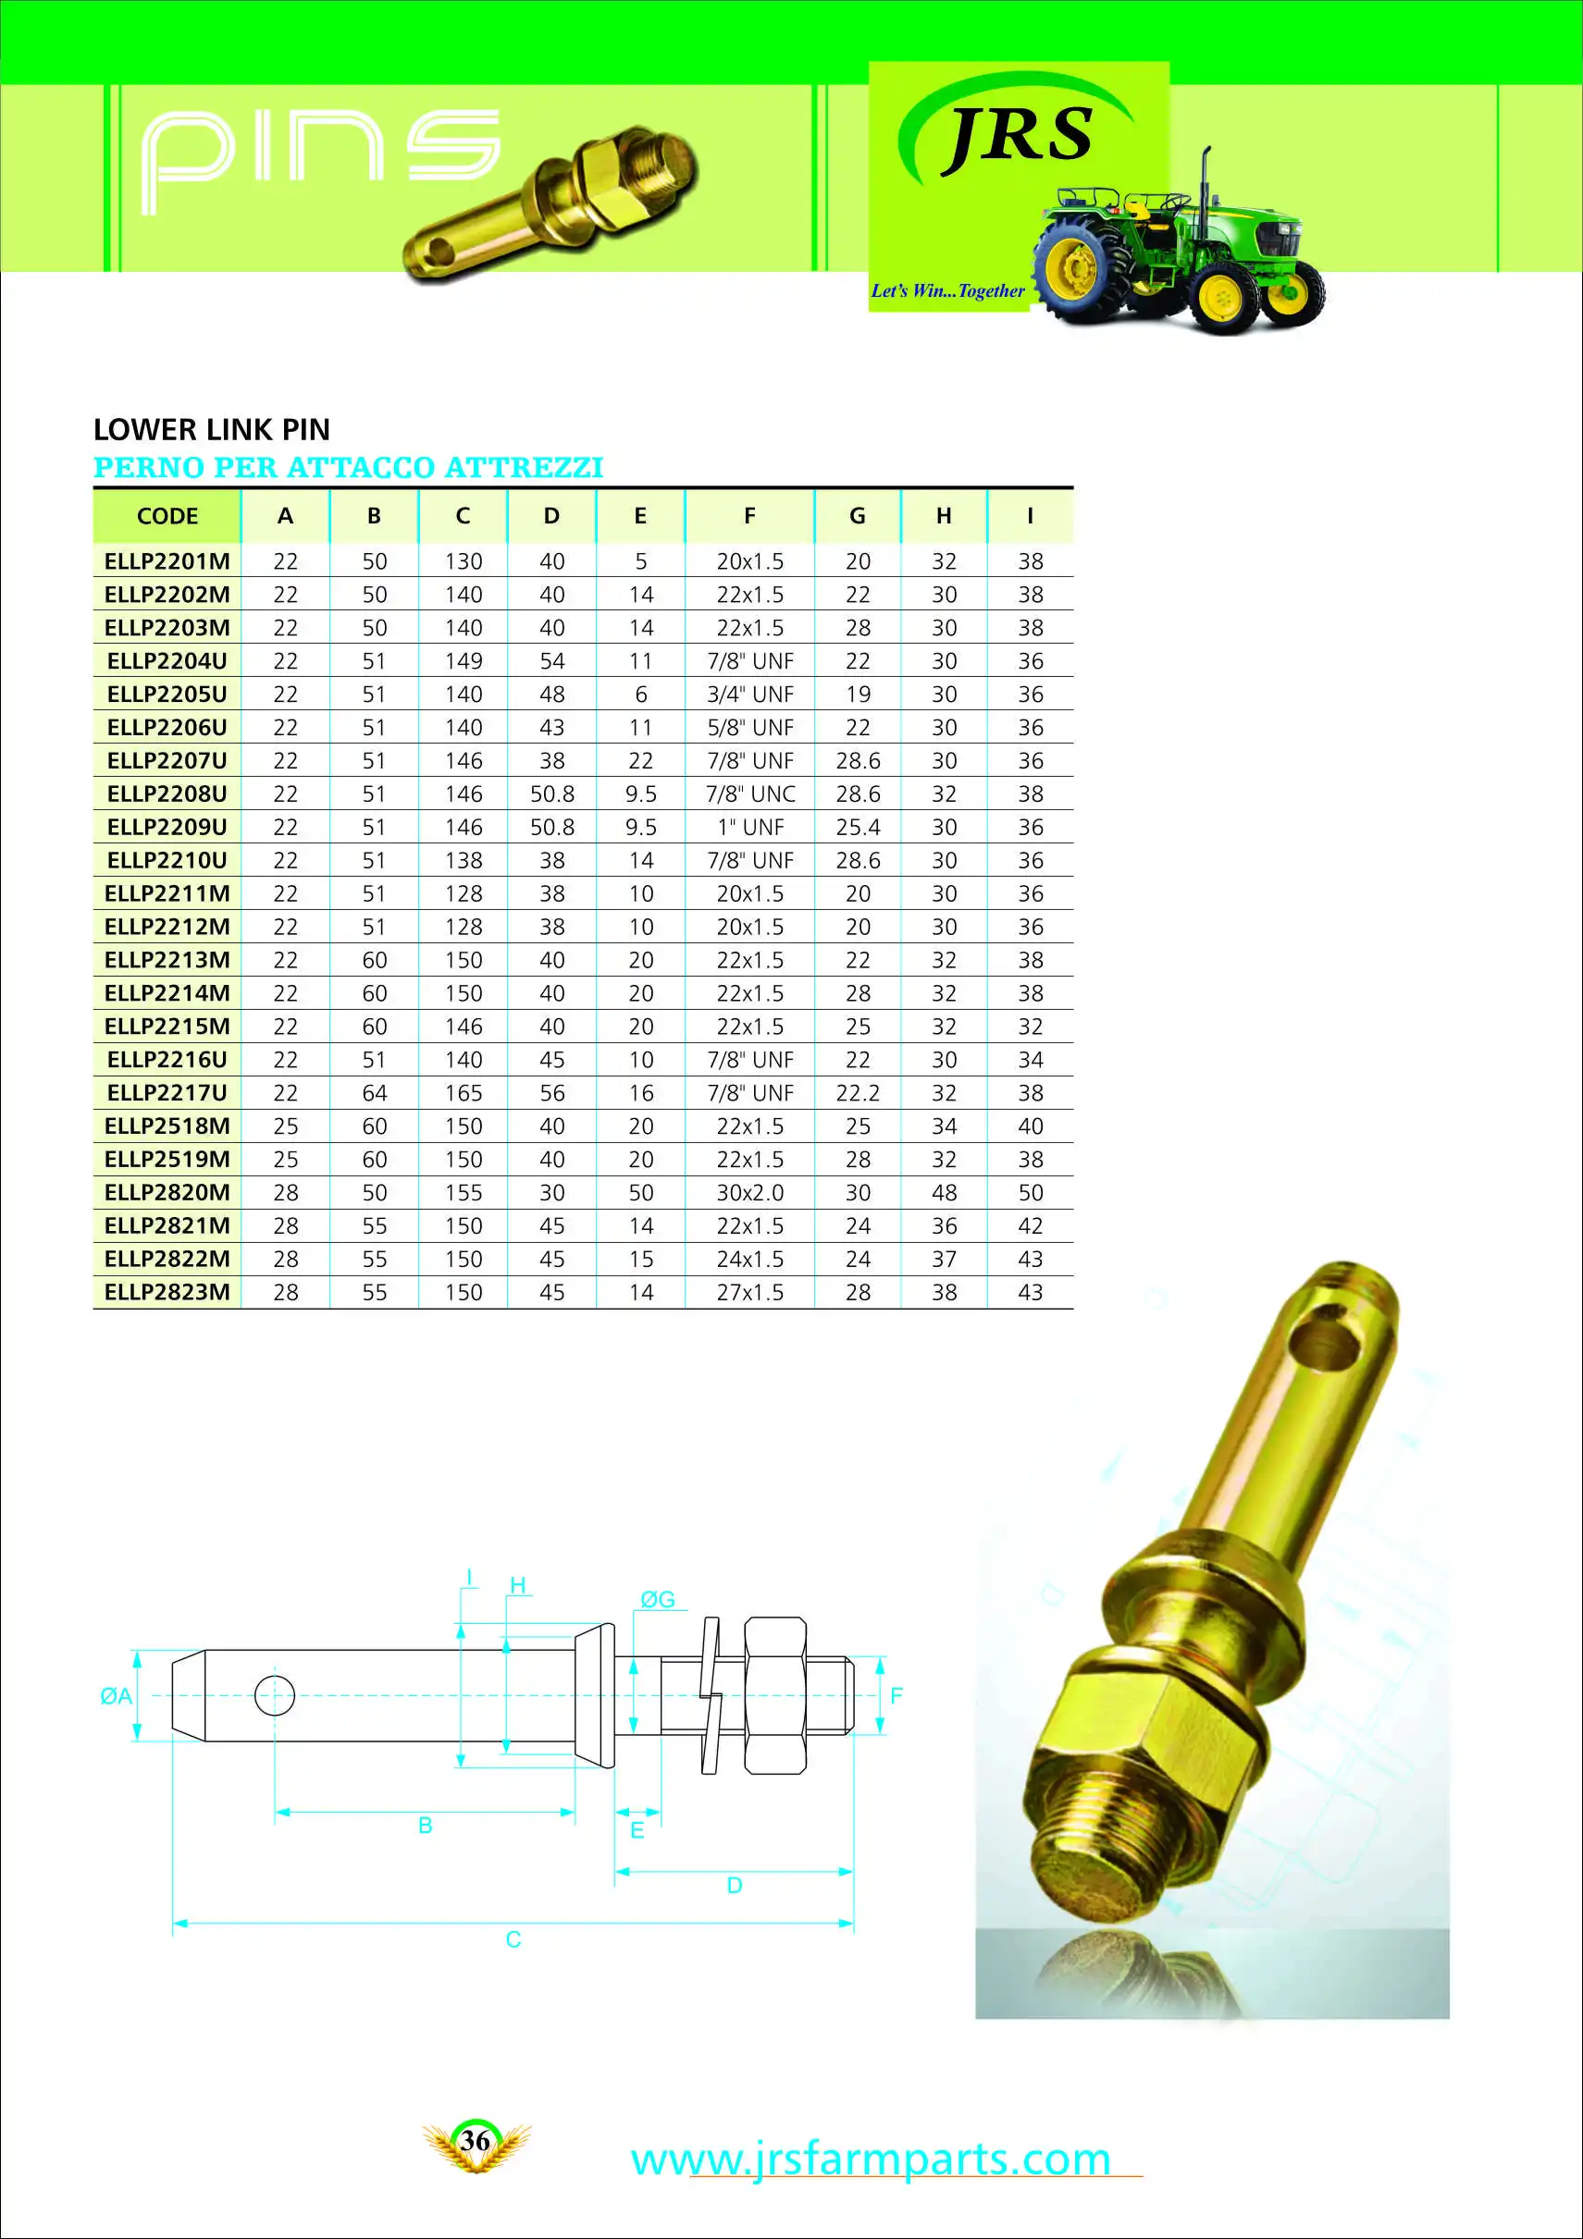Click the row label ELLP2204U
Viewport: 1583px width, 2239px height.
(167, 661)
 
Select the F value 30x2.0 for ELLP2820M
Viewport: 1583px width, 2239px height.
(749, 1193)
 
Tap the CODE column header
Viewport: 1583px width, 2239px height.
(167, 516)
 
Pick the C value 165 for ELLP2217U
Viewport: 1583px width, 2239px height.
(464, 1093)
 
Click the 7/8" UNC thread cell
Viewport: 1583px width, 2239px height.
(749, 793)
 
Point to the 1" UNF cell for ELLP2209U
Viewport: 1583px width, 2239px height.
(749, 827)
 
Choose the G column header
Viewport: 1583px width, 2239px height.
(858, 516)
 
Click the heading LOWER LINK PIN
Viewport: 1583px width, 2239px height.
(212, 430)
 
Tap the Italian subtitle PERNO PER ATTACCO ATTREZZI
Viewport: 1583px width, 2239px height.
(348, 468)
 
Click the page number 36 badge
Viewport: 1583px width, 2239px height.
(475, 2141)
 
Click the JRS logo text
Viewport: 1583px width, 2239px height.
(1020, 137)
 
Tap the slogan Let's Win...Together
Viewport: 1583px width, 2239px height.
(947, 290)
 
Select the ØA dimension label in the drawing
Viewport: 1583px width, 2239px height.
(115, 1696)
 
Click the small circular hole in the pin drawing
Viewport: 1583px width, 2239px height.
(274, 1696)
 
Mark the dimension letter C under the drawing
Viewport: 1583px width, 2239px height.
(513, 1939)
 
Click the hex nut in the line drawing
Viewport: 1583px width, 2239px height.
(775, 1695)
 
